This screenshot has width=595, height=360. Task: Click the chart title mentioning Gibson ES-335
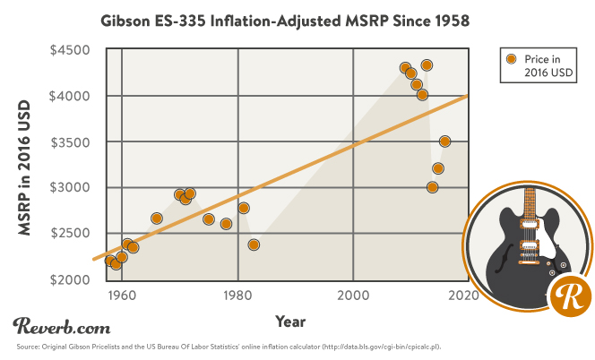[297, 18]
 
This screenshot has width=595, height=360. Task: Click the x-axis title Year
[290, 321]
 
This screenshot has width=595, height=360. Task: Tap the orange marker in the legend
[511, 59]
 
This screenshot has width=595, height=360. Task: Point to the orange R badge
[567, 296]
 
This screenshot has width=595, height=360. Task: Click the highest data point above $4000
[427, 65]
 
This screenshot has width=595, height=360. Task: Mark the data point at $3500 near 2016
[444, 141]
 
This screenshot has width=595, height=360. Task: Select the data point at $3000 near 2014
[432, 187]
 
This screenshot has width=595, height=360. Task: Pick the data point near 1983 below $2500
[254, 244]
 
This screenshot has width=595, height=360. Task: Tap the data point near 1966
[157, 219]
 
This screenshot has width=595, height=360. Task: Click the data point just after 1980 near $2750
[243, 208]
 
